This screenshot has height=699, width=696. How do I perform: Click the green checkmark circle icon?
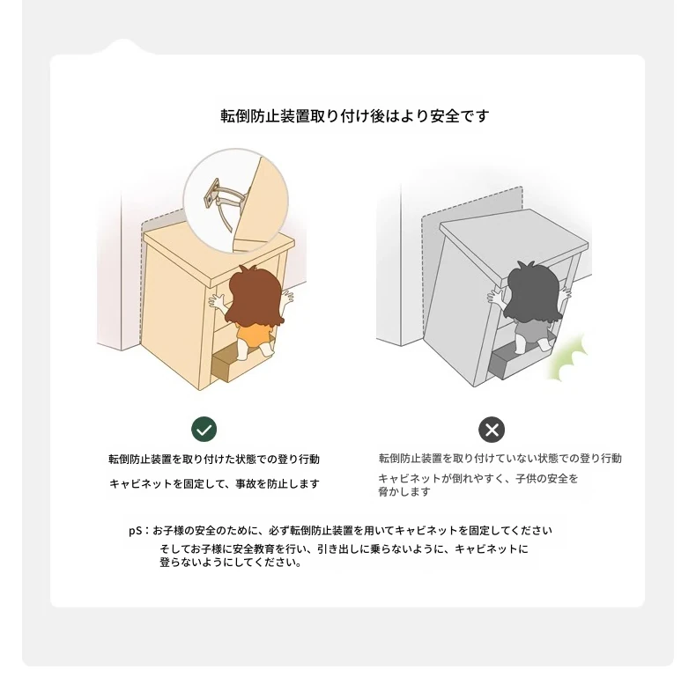coord(204,430)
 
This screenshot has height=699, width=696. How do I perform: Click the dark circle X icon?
coord(492,430)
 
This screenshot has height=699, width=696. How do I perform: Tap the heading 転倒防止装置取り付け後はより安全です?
coord(355,116)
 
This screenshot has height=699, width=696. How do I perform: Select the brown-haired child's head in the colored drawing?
coord(254,296)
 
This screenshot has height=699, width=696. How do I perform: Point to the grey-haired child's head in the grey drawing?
coord(534,291)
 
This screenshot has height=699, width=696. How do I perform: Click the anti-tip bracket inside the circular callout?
coord(222,201)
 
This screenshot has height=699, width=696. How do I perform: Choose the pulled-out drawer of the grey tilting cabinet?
coord(513,358)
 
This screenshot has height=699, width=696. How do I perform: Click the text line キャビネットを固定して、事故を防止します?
coord(215,483)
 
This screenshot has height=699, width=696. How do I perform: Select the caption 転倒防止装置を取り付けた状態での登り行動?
coord(214,460)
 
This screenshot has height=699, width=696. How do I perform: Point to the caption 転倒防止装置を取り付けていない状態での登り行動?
coord(500,459)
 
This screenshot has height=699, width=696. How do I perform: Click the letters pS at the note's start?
coord(136,531)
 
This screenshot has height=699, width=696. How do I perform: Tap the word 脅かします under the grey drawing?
coord(404,492)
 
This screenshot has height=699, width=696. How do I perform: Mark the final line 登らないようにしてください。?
coord(231,563)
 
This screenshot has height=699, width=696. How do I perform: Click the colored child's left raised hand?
coord(218,303)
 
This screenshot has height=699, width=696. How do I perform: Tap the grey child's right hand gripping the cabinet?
coord(566,294)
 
